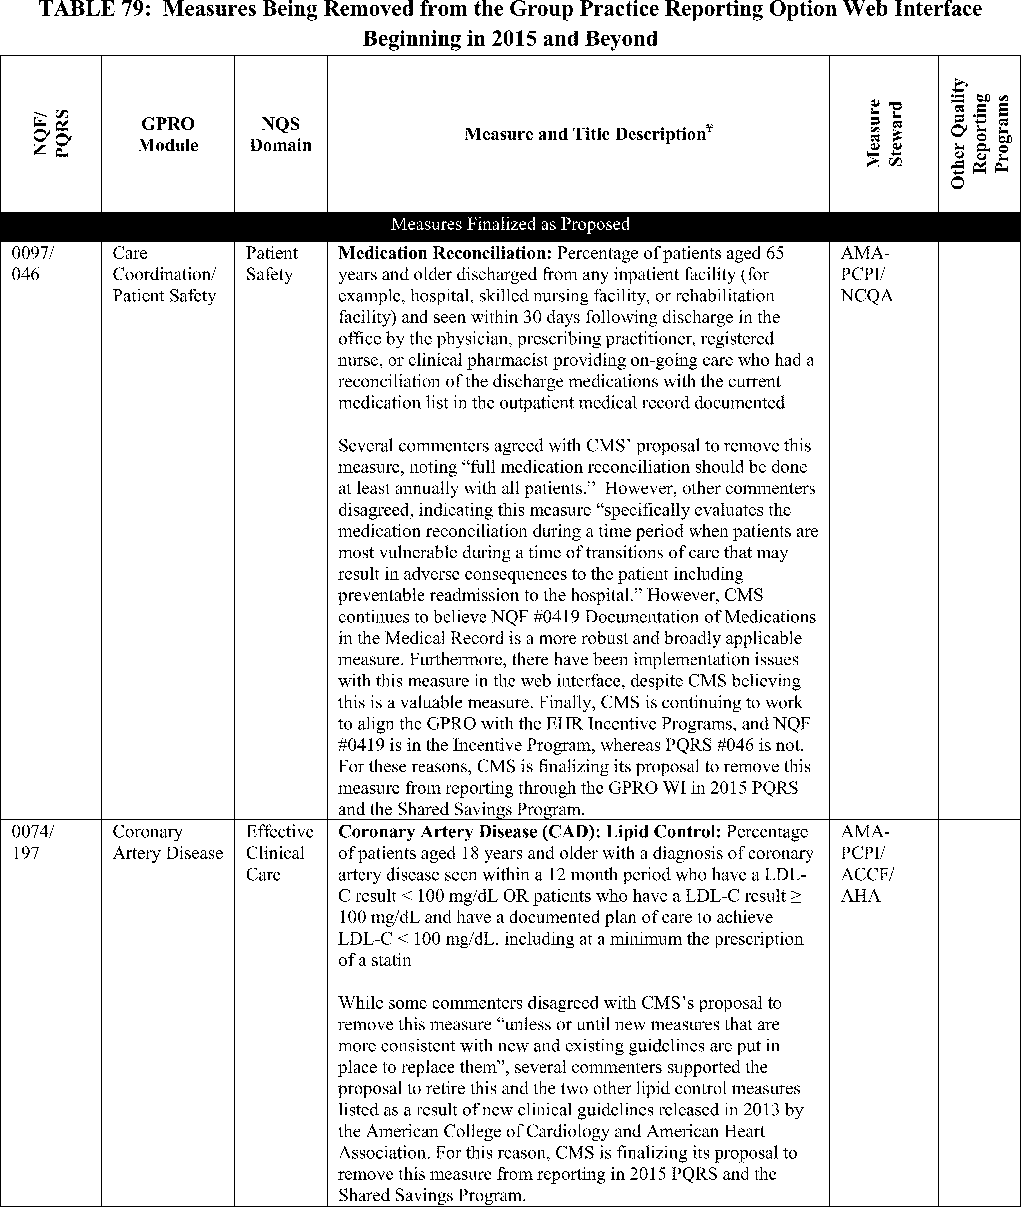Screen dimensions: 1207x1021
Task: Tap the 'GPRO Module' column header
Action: coord(168,134)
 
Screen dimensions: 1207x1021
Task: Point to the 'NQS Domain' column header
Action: coord(281,134)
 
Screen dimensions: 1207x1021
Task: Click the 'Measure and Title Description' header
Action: coord(585,134)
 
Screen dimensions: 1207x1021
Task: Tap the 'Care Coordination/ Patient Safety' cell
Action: coord(164,274)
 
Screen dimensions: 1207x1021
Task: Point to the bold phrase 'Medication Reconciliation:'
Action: coord(446,253)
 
